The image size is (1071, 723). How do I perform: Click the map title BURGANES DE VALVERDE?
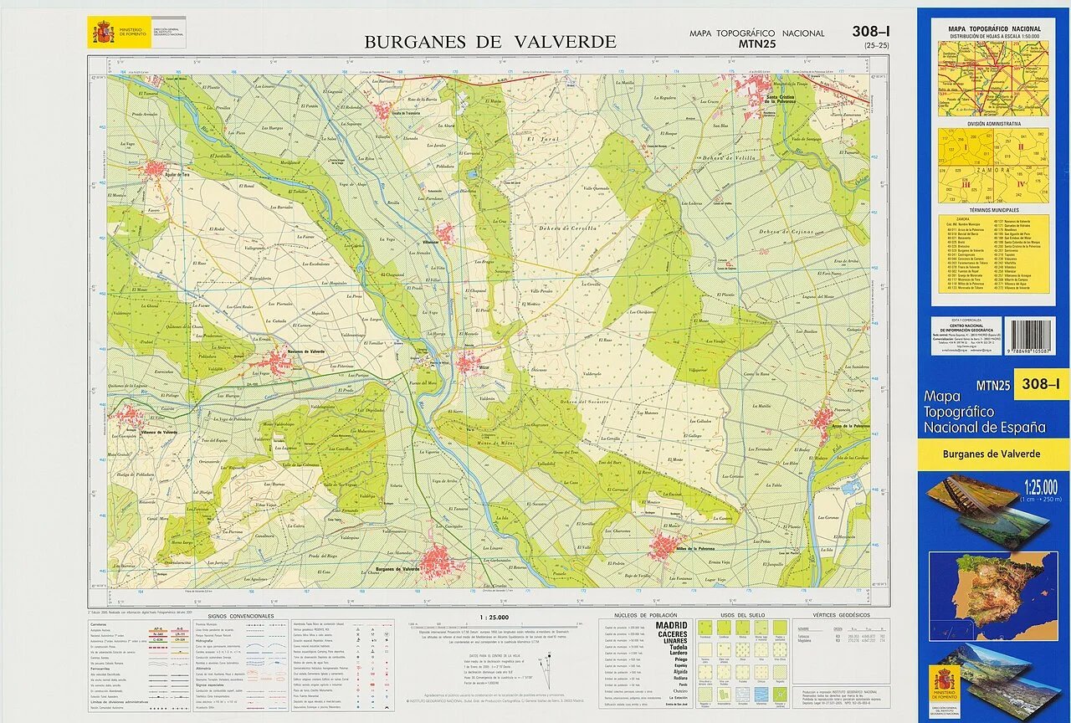pos(490,42)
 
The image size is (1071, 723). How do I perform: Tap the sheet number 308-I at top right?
pos(871,32)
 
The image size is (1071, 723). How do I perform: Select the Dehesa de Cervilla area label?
pos(567,228)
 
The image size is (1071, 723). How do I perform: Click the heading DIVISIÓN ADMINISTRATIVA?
pos(994,123)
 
